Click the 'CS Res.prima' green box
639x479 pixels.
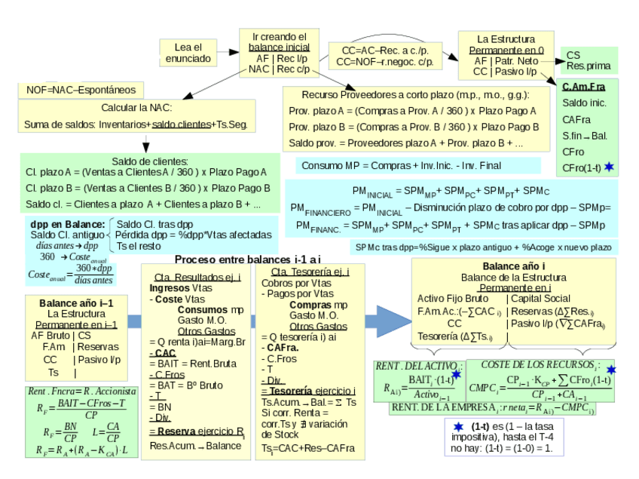point(589,60)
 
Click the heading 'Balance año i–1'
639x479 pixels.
point(74,302)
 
